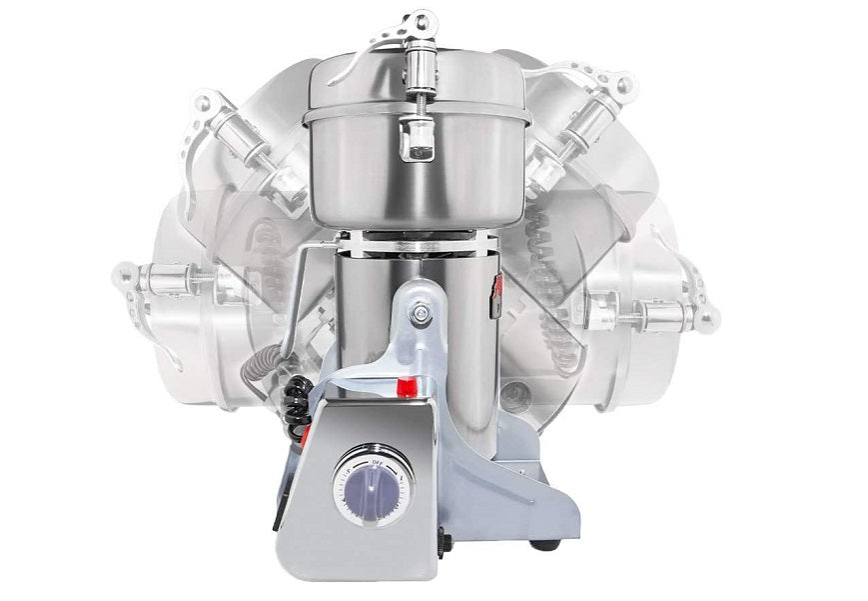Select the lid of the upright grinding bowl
click(415, 85)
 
